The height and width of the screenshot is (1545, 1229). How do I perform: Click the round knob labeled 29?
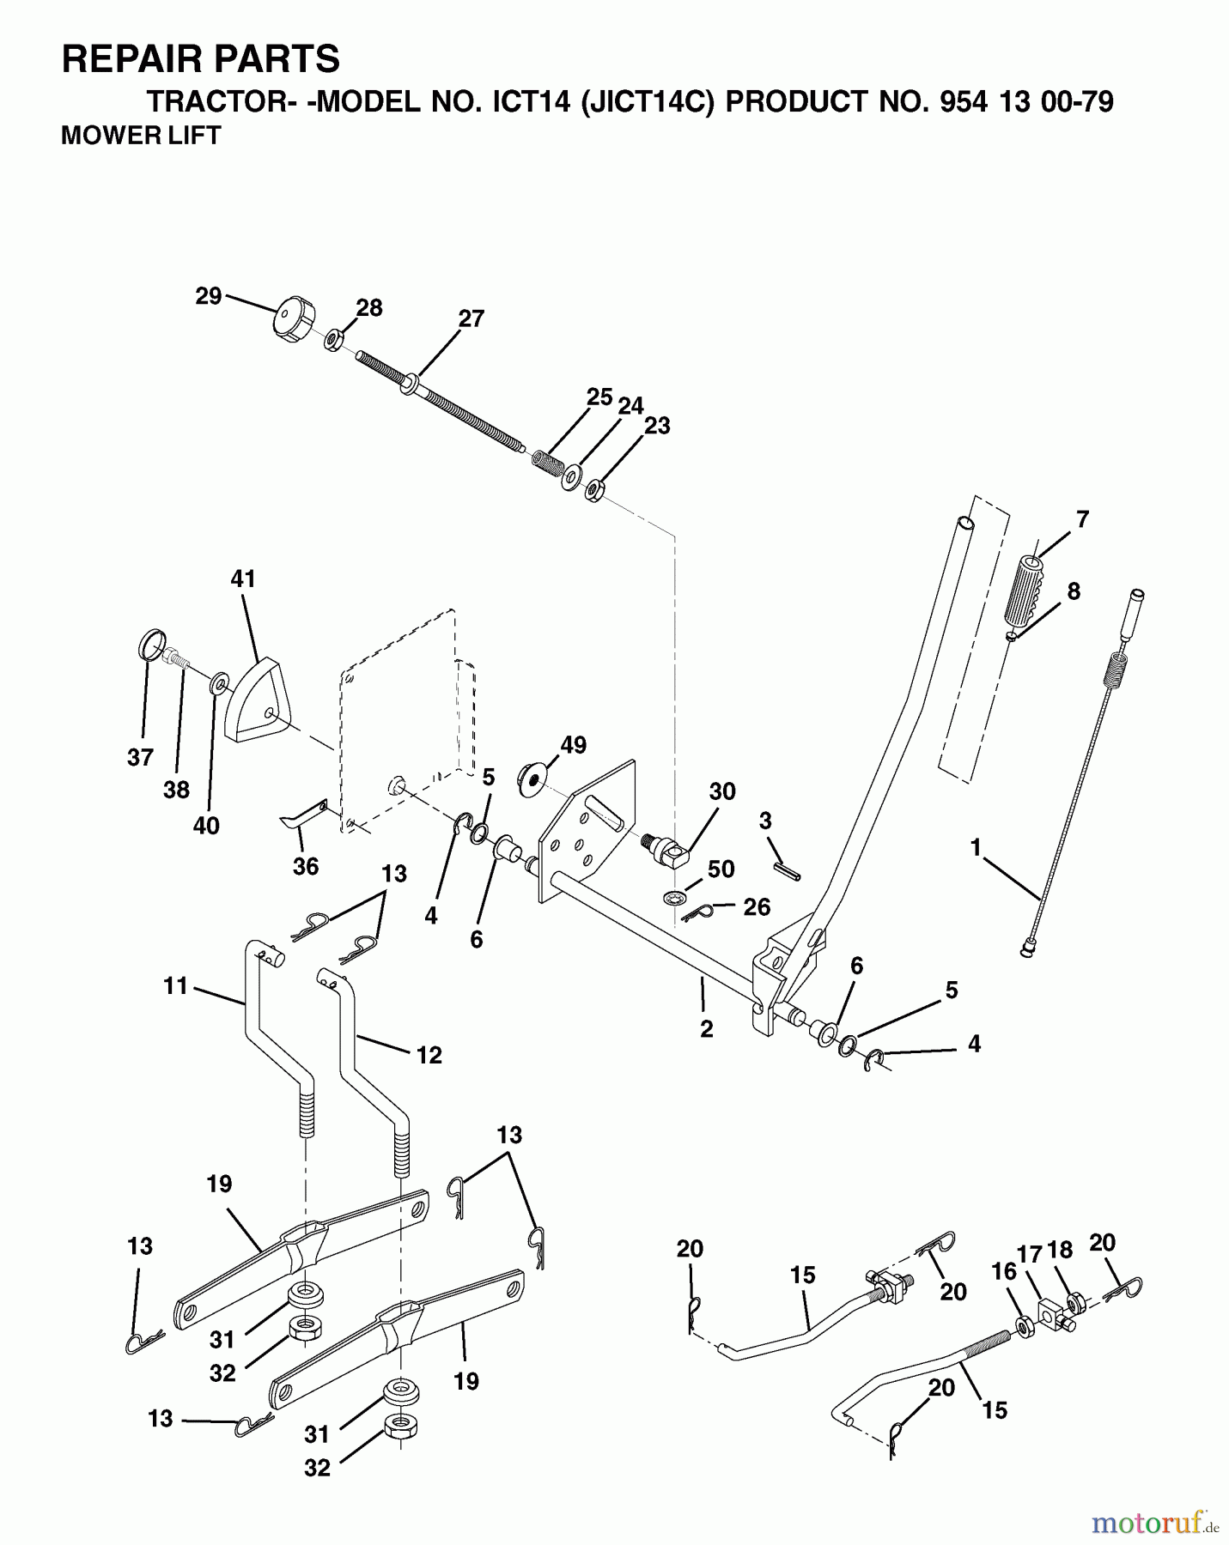point(293,320)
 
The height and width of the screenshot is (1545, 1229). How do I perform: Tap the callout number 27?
point(472,319)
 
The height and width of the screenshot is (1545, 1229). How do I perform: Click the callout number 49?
point(573,745)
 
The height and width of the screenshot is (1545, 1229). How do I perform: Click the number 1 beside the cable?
point(975,848)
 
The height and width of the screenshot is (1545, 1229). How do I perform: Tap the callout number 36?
point(306,866)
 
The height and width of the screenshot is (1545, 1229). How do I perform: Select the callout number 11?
point(175,986)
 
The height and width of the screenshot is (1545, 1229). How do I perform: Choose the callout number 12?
point(429,1055)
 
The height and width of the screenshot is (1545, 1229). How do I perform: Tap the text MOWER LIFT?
point(141,136)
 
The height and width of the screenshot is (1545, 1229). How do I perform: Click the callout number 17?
point(1029,1255)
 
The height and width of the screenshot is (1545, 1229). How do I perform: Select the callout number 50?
point(721,869)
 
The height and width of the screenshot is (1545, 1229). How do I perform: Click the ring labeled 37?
point(151,644)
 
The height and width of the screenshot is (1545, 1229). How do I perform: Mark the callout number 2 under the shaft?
point(706,1028)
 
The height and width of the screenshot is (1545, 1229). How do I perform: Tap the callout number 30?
point(722,791)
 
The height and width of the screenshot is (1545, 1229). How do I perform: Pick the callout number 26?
point(756,907)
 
